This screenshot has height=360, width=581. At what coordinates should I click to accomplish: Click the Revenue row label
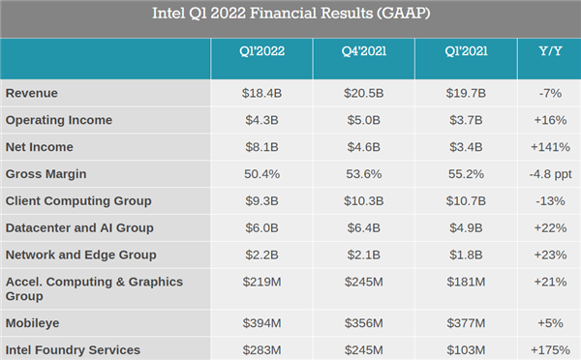point(33,93)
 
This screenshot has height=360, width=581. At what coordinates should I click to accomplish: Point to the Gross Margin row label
point(46,174)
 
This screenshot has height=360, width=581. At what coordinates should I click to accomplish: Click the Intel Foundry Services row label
point(73,349)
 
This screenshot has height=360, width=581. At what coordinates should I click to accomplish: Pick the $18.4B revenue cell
point(261,93)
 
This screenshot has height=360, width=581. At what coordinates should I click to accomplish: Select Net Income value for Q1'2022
point(261,147)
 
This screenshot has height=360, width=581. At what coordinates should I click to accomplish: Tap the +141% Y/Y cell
point(550,147)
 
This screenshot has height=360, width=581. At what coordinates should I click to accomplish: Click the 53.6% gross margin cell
point(363,174)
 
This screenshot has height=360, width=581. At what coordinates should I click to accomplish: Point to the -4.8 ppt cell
point(550,174)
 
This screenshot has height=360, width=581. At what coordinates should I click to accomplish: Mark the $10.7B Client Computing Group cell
point(465,201)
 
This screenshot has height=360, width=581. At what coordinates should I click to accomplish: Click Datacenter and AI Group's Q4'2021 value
point(363,228)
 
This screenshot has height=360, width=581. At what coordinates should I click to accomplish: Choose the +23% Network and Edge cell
point(550,255)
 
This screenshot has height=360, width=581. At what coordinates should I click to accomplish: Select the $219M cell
point(261,282)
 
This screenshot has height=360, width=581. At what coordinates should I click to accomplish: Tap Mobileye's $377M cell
point(465,322)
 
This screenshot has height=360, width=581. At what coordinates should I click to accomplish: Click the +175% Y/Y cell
point(550,349)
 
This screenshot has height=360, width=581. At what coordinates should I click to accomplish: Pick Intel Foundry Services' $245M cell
point(363,349)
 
